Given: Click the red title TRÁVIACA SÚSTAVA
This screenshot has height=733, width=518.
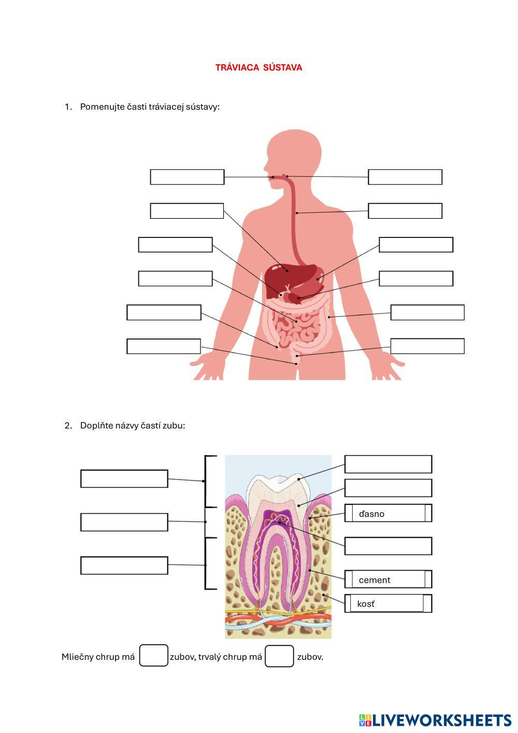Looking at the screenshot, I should pyautogui.click(x=258, y=67).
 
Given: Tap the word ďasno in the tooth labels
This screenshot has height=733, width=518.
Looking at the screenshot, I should pyautogui.click(x=371, y=514).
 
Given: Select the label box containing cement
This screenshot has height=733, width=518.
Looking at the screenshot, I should pyautogui.click(x=388, y=580).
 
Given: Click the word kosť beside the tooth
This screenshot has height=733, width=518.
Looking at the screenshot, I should pyautogui.click(x=366, y=604).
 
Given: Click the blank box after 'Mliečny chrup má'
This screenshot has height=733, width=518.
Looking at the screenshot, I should pyautogui.click(x=153, y=656).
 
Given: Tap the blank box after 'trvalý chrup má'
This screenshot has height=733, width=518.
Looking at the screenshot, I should pyautogui.click(x=279, y=656).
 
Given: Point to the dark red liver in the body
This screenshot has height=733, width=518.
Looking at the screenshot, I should pyautogui.click(x=282, y=277).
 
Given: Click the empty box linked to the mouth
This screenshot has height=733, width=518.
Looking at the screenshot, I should pyautogui.click(x=187, y=177).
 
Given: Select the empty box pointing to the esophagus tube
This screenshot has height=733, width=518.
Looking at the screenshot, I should pyautogui.click(x=405, y=211).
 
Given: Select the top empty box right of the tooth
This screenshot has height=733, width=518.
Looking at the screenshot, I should pyautogui.click(x=388, y=464).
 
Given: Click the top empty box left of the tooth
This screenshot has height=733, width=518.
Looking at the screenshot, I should pyautogui.click(x=124, y=478).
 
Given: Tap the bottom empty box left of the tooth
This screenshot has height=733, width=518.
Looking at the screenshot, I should pyautogui.click(x=124, y=566).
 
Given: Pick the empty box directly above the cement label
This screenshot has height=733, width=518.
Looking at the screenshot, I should pyautogui.click(x=388, y=546).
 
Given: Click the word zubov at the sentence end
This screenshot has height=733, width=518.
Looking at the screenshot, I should pyautogui.click(x=310, y=657).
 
